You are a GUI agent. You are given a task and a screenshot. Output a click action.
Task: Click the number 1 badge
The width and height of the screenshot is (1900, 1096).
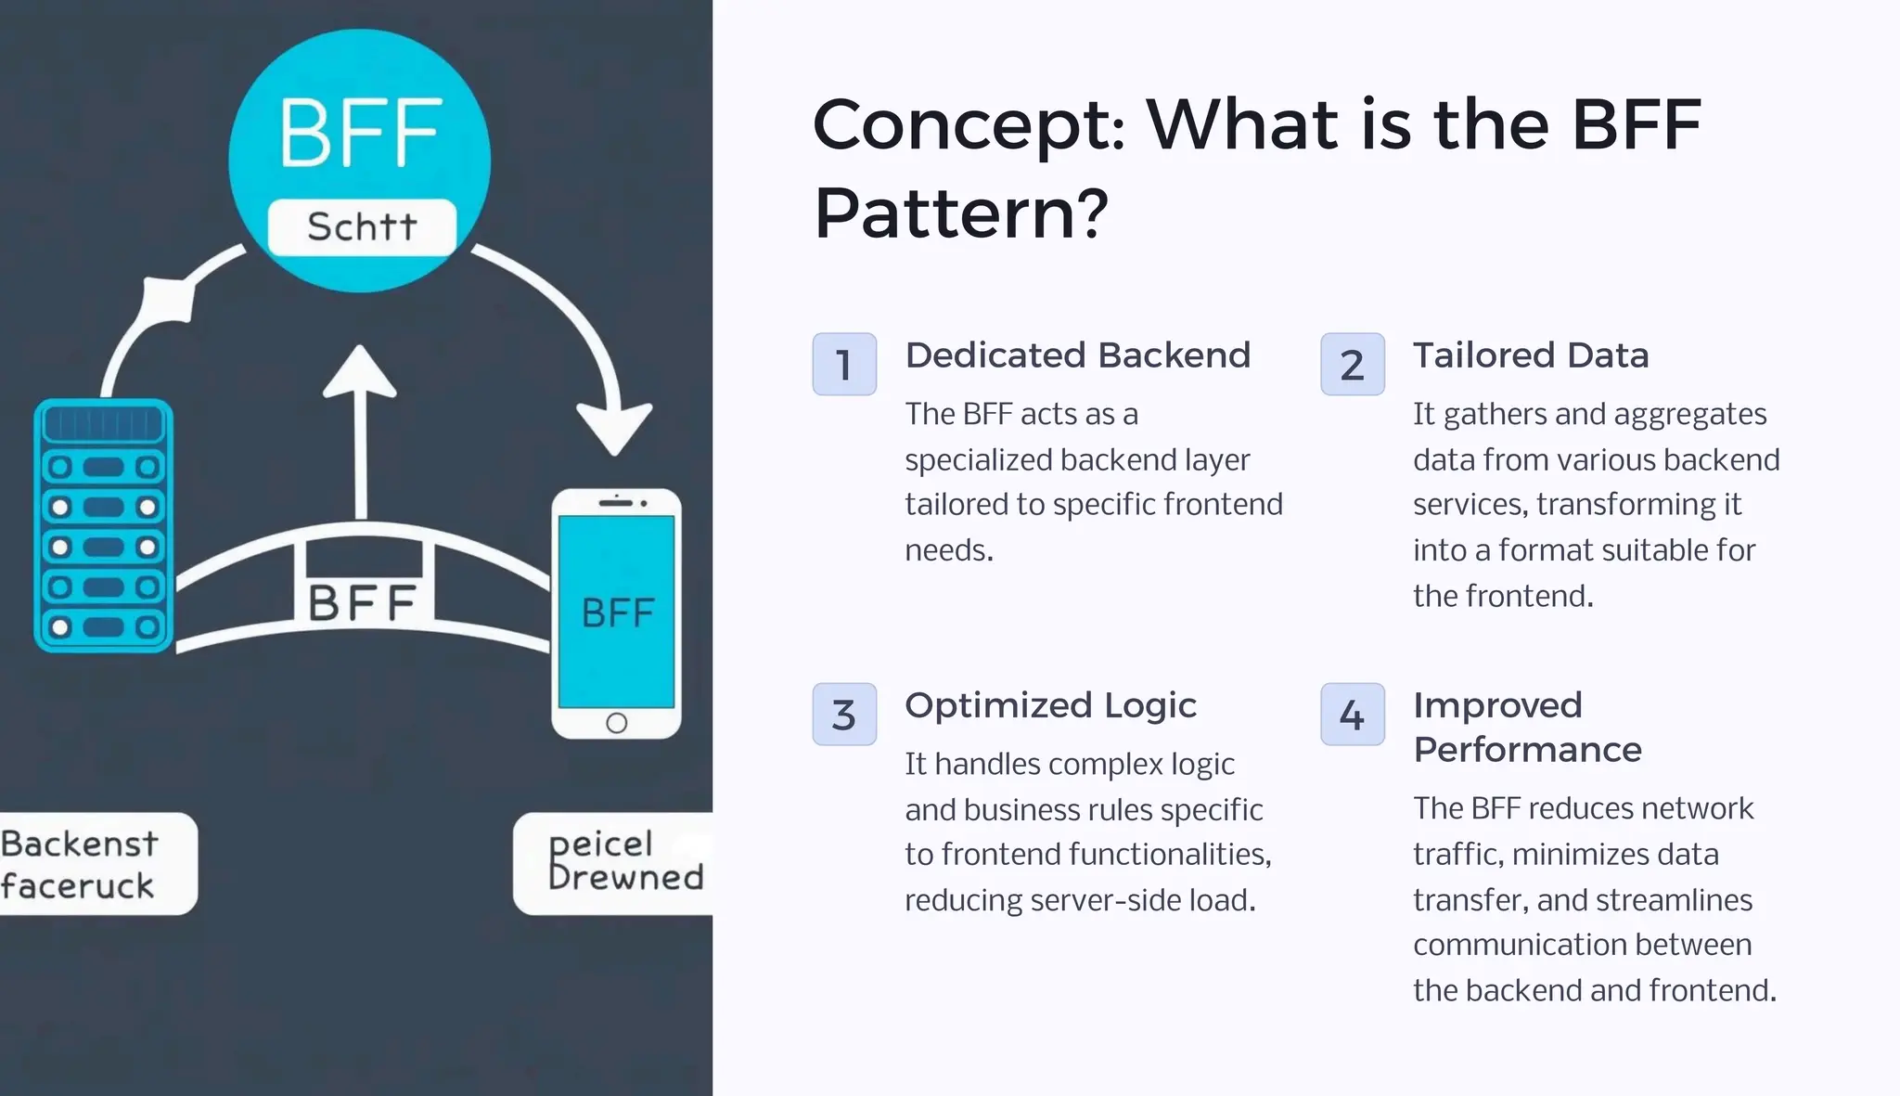(x=844, y=364)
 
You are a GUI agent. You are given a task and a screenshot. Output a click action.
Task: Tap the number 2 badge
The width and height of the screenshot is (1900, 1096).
(x=1352, y=364)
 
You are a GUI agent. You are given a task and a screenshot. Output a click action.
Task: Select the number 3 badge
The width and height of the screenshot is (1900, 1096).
(x=844, y=715)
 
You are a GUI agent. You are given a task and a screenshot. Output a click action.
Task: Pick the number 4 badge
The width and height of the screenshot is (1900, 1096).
(x=1352, y=715)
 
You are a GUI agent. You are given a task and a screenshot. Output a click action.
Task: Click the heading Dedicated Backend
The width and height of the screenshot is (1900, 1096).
(x=1077, y=355)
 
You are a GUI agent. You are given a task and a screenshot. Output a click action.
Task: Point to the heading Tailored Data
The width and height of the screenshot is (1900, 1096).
(x=1530, y=355)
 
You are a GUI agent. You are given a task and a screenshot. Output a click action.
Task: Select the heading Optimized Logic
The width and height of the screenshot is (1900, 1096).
(x=1050, y=705)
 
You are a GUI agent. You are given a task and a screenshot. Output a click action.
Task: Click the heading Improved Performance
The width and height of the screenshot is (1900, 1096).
(x=1527, y=727)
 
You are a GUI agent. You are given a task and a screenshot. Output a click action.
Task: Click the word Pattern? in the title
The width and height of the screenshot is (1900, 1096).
(x=960, y=213)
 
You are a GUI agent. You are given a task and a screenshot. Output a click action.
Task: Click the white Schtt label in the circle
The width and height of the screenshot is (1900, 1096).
(x=362, y=226)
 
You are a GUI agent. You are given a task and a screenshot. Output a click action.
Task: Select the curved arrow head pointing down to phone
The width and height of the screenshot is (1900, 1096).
(x=614, y=427)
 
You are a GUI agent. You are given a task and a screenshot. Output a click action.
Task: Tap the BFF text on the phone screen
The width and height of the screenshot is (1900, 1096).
(x=617, y=612)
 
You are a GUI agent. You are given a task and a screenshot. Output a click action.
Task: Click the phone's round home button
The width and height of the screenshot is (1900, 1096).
(x=616, y=723)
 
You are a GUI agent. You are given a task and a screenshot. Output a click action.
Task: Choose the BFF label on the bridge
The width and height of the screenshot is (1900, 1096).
(x=362, y=603)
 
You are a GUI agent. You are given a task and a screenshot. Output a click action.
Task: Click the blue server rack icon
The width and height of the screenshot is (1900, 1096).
(x=103, y=525)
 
